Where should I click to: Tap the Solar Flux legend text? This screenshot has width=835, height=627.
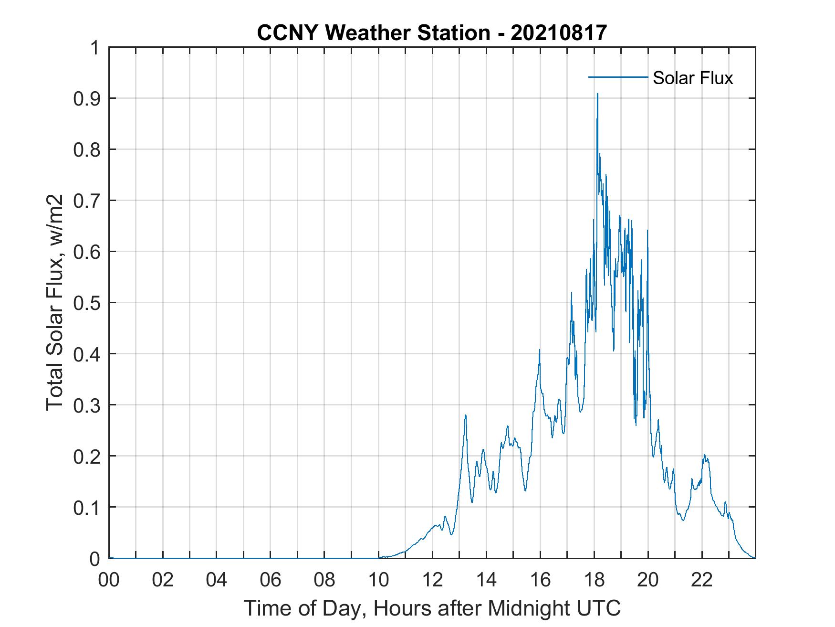click(x=692, y=78)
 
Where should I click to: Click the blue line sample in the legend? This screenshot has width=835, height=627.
click(x=618, y=77)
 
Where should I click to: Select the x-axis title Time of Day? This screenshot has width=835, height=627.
click(x=432, y=608)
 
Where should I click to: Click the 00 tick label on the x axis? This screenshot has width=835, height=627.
click(x=109, y=580)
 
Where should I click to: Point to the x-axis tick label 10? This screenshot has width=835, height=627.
click(x=378, y=580)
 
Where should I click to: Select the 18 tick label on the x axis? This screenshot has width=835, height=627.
click(x=594, y=580)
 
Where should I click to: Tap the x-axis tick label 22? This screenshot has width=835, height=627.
click(x=702, y=580)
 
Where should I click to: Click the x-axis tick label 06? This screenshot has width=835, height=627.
click(x=271, y=580)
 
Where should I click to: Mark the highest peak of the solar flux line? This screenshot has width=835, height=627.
click(x=597, y=94)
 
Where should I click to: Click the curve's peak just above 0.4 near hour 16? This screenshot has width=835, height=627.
click(x=540, y=350)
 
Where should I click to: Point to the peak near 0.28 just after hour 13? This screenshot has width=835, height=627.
click(x=465, y=415)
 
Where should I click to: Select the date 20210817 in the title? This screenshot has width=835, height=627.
click(x=559, y=32)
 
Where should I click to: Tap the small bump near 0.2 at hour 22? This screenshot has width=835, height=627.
click(x=705, y=456)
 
